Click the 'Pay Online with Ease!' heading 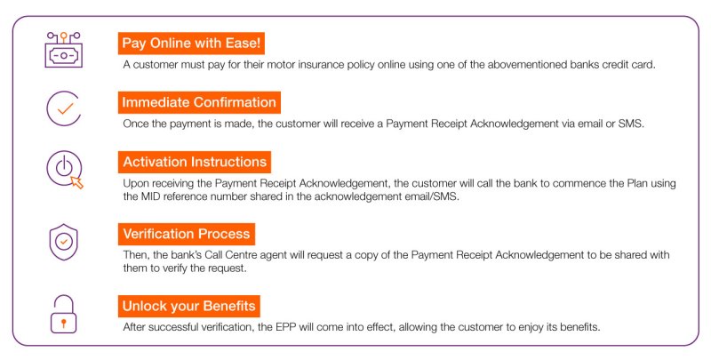point(191,44)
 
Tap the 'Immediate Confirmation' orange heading point(199,102)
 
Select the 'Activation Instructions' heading point(195,162)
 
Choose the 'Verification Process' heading point(187,234)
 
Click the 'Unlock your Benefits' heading point(189,306)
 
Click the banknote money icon point(63,50)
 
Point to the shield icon point(63,242)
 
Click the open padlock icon point(63,314)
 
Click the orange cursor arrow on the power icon point(77,183)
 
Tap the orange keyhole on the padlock point(63,324)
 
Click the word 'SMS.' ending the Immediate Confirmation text point(631,124)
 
